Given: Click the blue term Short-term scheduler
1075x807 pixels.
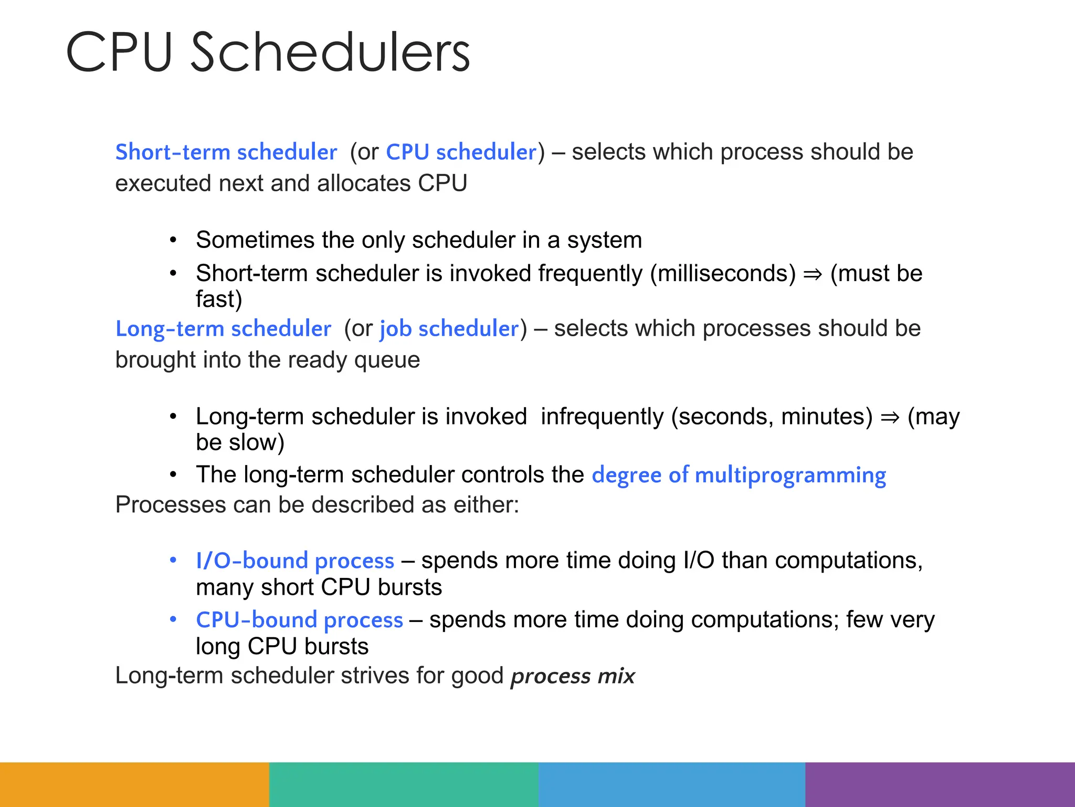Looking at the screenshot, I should pos(226,152).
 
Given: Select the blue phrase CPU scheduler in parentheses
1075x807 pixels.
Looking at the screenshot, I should pos(461,152).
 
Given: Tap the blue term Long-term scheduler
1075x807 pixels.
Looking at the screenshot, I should pos(223,329).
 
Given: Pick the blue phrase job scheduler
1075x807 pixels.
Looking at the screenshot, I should pos(449,329).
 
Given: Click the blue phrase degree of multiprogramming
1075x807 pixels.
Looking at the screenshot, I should pos(739,475).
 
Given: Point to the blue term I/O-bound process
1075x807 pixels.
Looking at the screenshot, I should pos(295,561).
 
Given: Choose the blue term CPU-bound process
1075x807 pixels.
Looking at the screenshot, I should pos(299,620).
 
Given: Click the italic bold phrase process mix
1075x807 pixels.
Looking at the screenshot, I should pos(573,676).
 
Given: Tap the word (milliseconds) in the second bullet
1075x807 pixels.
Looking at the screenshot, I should pos(723,274).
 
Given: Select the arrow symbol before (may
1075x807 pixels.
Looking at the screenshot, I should pos(890,417).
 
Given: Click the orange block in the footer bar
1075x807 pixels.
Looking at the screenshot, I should pos(134,784).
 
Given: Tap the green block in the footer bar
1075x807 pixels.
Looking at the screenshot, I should pos(403,784).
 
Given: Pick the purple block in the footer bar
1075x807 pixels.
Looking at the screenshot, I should pos(940,784).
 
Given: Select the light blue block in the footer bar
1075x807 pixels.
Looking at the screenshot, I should pos(672,784).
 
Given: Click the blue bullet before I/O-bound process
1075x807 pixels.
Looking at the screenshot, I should pos(173,560).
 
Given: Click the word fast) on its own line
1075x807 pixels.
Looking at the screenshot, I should pos(219,299).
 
